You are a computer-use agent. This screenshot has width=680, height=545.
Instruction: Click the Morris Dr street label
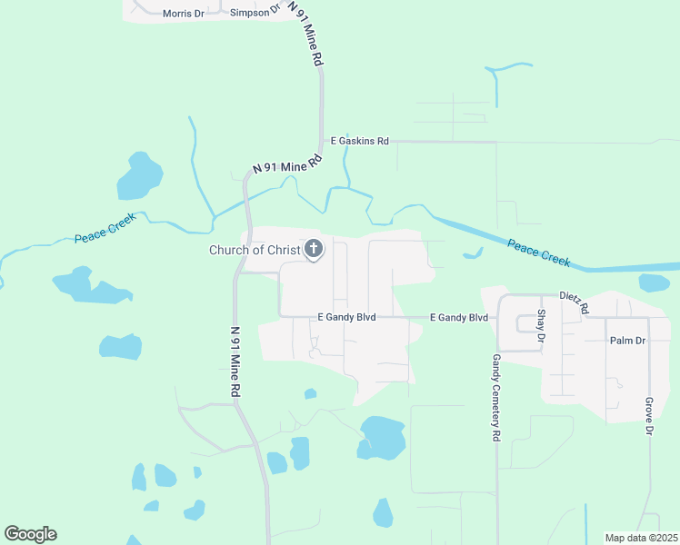pyautogui.click(x=184, y=14)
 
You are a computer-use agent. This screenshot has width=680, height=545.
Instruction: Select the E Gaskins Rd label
pyautogui.click(x=359, y=141)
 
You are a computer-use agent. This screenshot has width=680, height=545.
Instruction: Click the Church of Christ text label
pyautogui.click(x=255, y=250)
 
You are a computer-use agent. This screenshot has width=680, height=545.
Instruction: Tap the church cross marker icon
pyautogui.click(x=314, y=248)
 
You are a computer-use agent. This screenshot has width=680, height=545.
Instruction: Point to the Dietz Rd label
pyautogui.click(x=575, y=302)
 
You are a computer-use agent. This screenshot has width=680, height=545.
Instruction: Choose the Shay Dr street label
pyautogui.click(x=541, y=324)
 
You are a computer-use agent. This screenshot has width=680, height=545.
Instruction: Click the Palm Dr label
pyautogui.click(x=627, y=341)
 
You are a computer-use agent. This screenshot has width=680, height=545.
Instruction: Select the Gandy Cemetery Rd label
pyautogui.click(x=496, y=398)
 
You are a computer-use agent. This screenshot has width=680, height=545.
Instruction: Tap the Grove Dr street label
pyautogui.click(x=649, y=416)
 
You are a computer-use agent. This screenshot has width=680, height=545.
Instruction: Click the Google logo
pyautogui.click(x=30, y=534)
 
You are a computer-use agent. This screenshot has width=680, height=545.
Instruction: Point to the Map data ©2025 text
pyautogui.click(x=640, y=538)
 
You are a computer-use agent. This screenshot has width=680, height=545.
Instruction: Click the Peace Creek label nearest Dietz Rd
pyautogui.click(x=538, y=253)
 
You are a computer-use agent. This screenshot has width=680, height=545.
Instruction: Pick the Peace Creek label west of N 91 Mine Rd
pyautogui.click(x=105, y=227)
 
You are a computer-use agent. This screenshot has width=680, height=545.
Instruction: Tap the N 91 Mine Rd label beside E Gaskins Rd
pyautogui.click(x=287, y=164)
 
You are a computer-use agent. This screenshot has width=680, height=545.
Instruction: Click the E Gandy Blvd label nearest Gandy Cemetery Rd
pyautogui.click(x=459, y=317)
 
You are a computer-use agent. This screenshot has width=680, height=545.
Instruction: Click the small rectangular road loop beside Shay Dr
pyautogui.click(x=527, y=323)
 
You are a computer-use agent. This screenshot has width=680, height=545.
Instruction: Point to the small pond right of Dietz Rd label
pyautogui.click(x=654, y=282)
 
